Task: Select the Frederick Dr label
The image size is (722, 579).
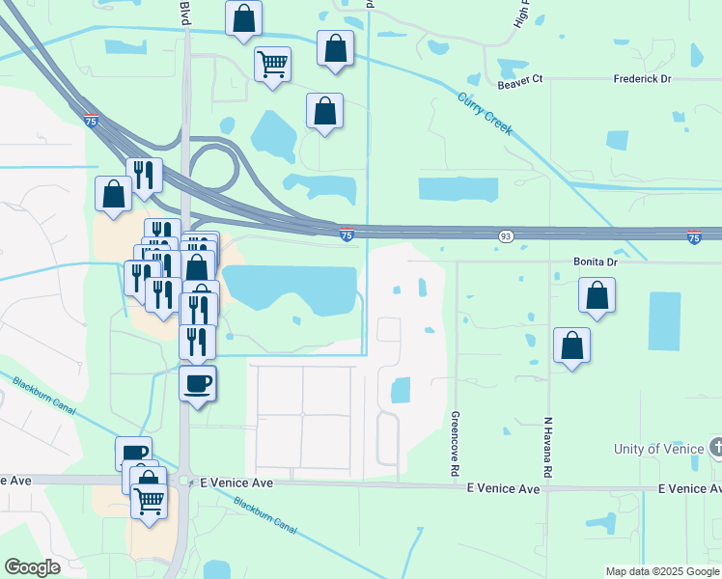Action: [642, 79]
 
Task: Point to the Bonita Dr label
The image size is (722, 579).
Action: [595, 262]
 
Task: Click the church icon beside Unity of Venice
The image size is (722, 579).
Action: [715, 448]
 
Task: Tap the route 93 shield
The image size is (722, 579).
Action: [506, 236]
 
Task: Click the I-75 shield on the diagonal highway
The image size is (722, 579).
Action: [90, 121]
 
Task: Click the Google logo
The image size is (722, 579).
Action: [32, 567]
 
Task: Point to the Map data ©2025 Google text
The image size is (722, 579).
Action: [662, 571]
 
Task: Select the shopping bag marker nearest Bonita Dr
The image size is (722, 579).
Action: [597, 294]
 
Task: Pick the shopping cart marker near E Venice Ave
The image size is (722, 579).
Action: [149, 502]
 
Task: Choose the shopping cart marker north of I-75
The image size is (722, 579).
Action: [273, 65]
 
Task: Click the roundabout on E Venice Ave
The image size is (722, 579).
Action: [183, 480]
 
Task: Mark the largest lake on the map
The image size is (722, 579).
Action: [295, 286]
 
